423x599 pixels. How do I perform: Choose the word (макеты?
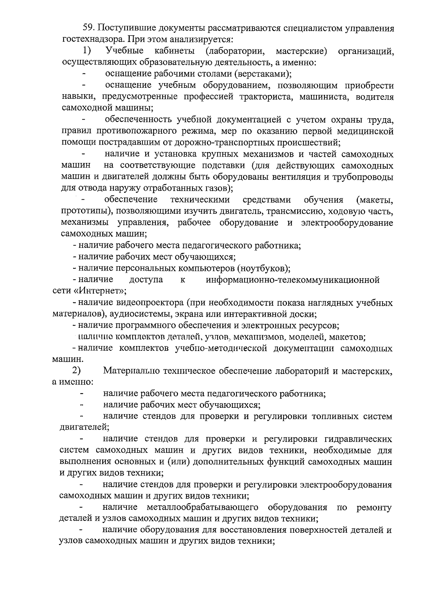tap(375, 200)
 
